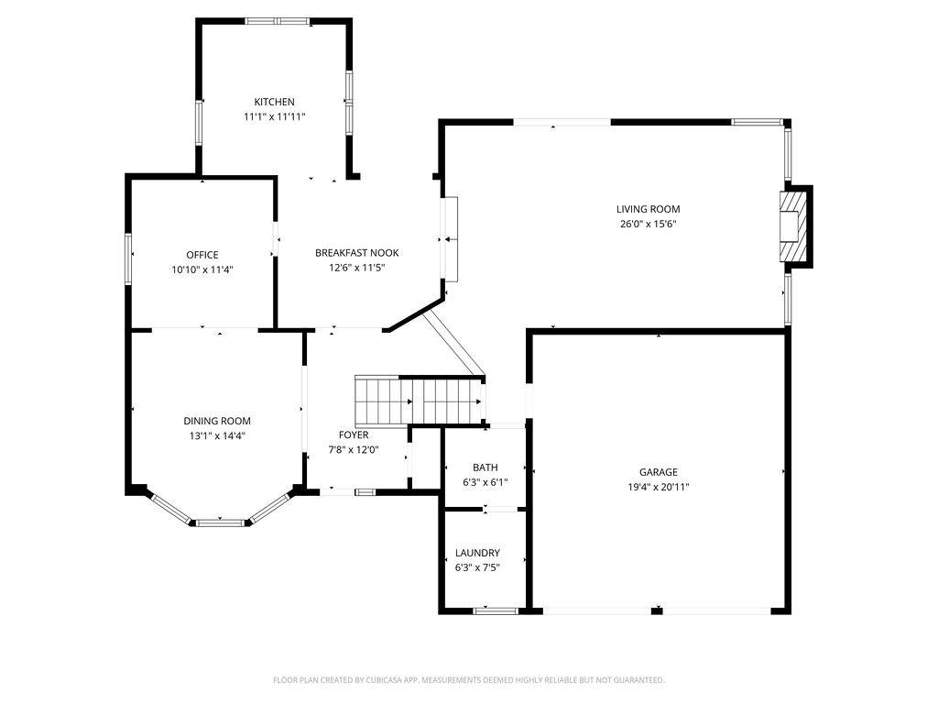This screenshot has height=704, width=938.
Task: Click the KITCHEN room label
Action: [x=274, y=102]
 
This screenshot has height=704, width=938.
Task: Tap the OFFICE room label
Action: [x=202, y=255]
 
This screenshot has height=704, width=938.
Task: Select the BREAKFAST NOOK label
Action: [x=356, y=253]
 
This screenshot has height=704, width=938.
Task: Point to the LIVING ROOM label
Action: [x=648, y=209]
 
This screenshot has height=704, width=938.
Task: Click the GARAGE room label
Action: [x=658, y=472]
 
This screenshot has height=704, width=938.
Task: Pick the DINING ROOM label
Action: [x=216, y=421]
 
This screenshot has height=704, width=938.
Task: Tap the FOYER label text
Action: [x=354, y=434]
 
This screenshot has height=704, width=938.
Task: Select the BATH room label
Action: [x=485, y=467]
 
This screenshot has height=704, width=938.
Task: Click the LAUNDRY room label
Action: [x=477, y=553]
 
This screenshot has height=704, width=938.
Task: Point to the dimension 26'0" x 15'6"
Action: [x=648, y=224]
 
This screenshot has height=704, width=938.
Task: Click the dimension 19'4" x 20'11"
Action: [x=658, y=487]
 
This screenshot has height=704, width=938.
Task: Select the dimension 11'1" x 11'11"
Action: [x=274, y=116]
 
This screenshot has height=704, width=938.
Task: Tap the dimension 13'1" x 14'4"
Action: [x=216, y=435]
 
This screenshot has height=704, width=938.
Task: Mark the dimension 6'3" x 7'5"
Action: [x=477, y=567]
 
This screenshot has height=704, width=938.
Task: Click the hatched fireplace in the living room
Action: [x=792, y=226]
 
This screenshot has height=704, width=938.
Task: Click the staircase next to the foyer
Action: [x=419, y=400]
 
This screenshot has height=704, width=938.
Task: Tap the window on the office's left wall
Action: [x=128, y=258]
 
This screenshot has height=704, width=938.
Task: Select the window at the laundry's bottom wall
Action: [x=496, y=610]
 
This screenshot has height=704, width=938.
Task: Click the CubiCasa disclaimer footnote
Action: [x=468, y=680]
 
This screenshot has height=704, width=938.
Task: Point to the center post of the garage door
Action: [x=657, y=610]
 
